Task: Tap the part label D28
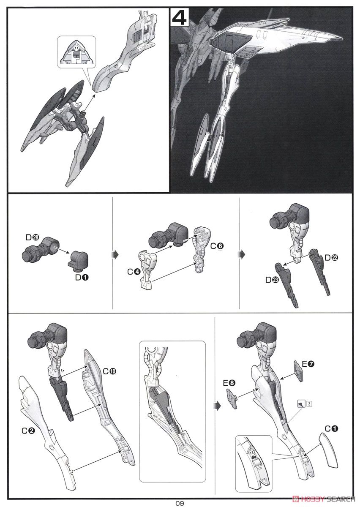[33, 237]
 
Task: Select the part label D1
[82, 277]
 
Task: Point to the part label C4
[134, 272]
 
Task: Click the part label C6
[217, 246]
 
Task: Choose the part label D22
[331, 258]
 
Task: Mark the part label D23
[272, 280]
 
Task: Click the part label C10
[109, 371]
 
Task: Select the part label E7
[308, 364]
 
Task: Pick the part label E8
[229, 383]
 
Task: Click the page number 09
[180, 503]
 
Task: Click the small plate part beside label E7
[298, 371]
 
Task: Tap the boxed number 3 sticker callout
[309, 403]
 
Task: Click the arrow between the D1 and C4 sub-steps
[116, 255]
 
